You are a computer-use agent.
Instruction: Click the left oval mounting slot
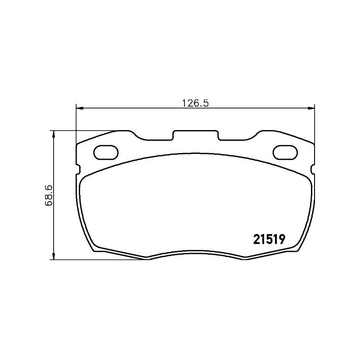106,152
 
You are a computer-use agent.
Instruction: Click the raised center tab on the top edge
196,132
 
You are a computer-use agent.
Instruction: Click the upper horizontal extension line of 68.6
85,131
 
